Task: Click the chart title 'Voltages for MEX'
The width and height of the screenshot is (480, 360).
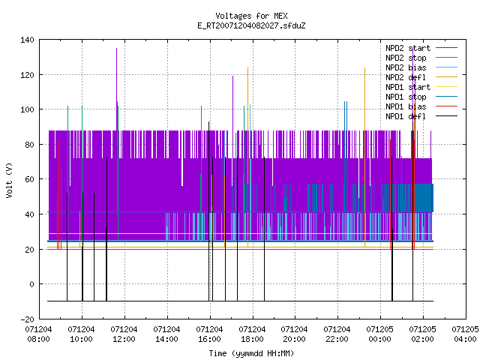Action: click(x=251, y=16)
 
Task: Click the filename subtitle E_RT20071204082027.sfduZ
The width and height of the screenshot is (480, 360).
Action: click(x=251, y=25)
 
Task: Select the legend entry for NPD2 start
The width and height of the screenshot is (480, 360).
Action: click(x=408, y=48)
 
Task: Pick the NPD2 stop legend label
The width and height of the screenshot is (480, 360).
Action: click(x=406, y=58)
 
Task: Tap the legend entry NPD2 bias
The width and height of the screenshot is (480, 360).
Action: click(x=406, y=67)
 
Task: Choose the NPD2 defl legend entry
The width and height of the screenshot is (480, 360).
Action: click(x=406, y=77)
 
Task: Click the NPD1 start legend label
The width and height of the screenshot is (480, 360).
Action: click(x=408, y=87)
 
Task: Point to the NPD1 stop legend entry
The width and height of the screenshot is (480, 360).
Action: click(x=406, y=97)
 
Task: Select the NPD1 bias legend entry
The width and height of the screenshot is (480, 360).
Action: click(x=406, y=106)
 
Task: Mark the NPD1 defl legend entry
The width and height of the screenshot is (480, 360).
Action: click(x=406, y=117)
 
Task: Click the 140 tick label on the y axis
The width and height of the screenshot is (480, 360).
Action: click(x=27, y=40)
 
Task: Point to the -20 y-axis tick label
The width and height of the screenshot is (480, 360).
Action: click(x=27, y=319)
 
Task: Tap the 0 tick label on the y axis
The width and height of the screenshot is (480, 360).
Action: click(x=31, y=284)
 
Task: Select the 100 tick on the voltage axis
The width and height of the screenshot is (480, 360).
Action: click(x=27, y=109)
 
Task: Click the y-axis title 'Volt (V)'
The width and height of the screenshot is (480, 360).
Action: click(x=9, y=180)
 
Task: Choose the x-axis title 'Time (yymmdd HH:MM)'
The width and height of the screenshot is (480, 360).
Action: click(x=251, y=353)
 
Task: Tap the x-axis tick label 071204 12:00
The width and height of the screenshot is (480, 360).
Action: click(x=124, y=334)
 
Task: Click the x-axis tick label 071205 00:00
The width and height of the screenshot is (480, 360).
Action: click(x=380, y=334)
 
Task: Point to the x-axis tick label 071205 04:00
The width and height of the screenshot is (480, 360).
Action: click(x=465, y=334)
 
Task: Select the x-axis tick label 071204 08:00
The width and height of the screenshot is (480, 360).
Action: click(x=38, y=334)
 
